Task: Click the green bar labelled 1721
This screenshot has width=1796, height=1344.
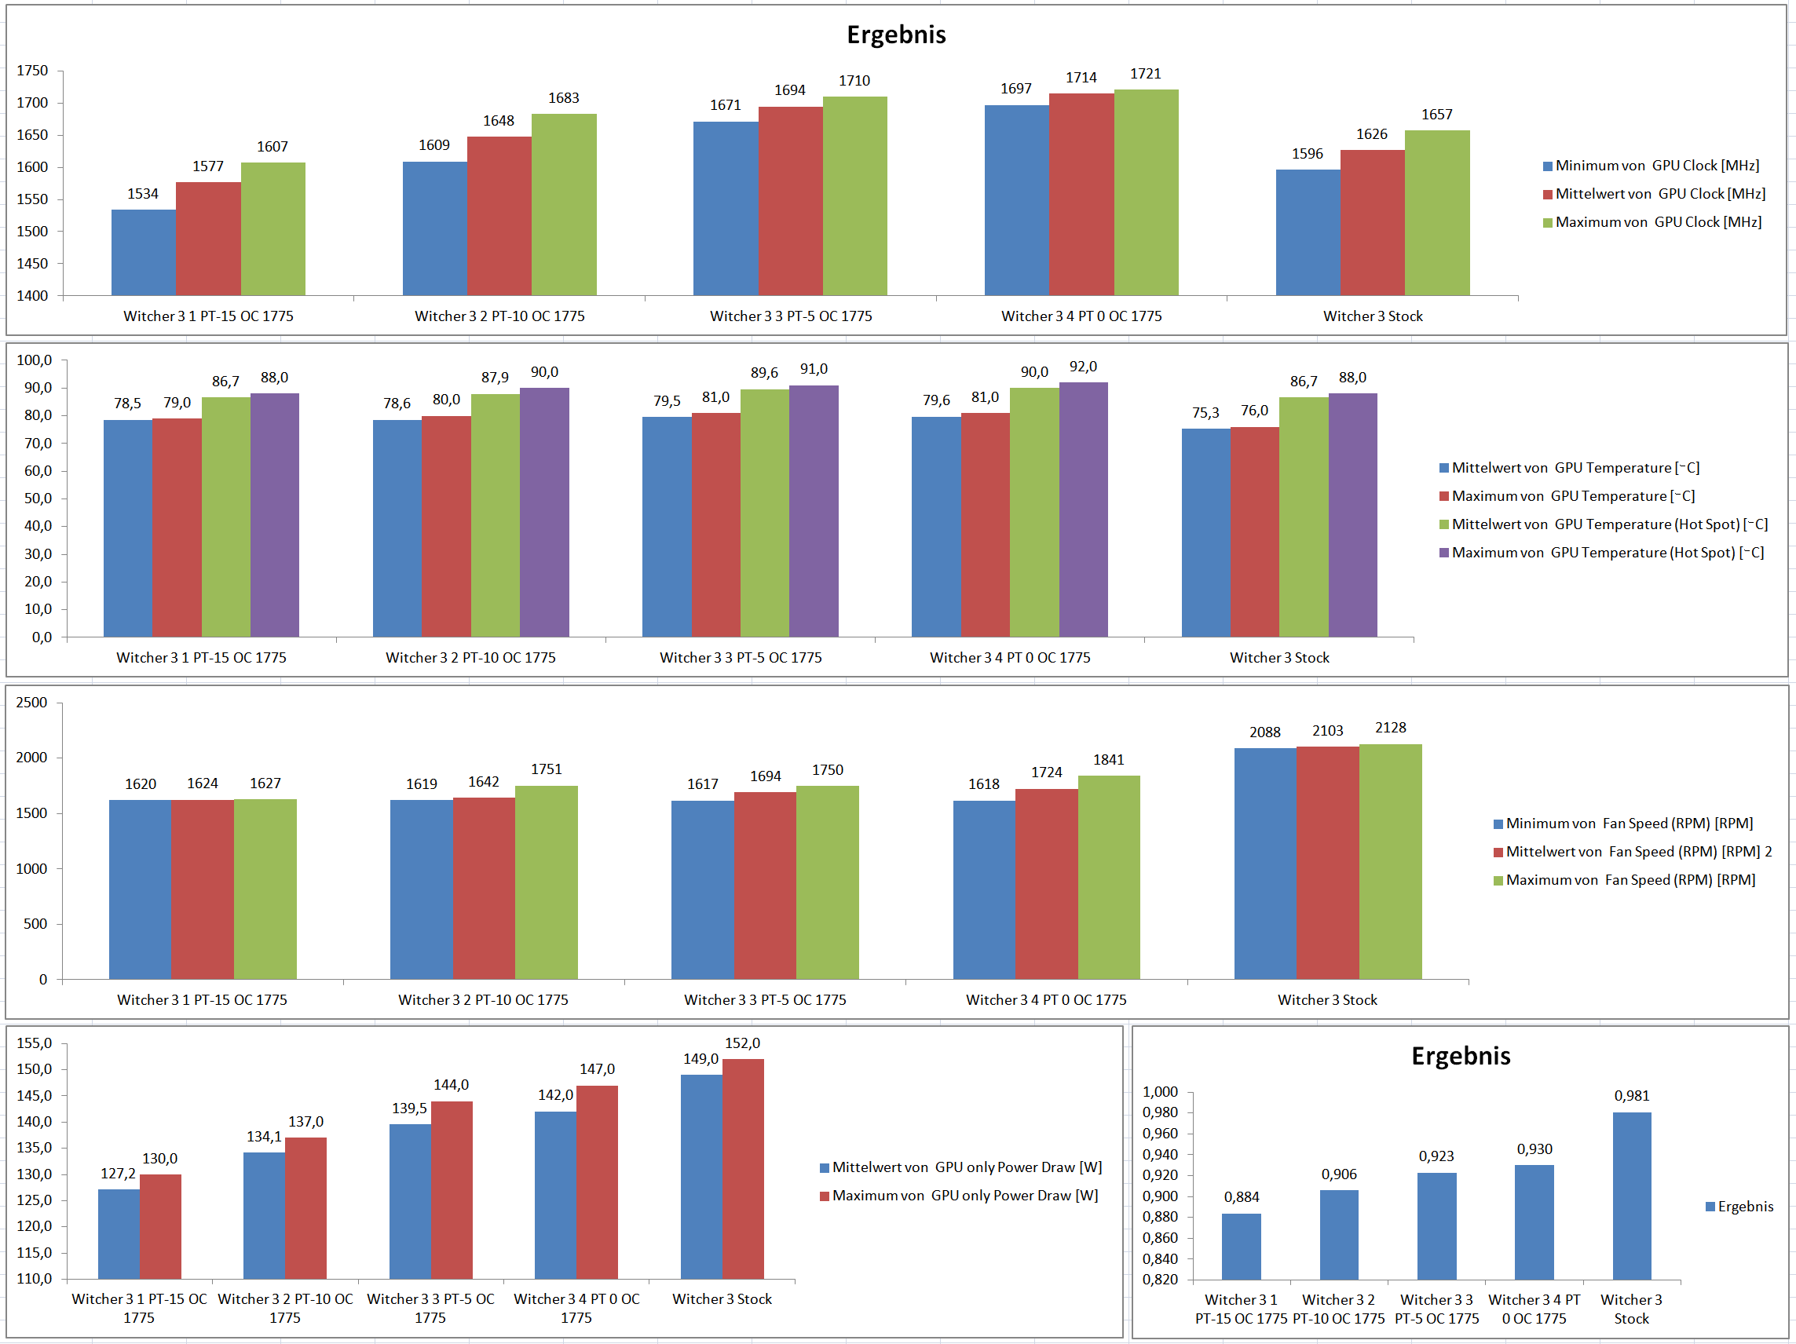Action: tap(1146, 192)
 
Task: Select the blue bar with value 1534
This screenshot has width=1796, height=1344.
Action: tap(143, 253)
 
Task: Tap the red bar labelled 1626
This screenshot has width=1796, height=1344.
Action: tap(1372, 222)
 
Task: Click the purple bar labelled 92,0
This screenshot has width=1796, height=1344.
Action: tap(1083, 509)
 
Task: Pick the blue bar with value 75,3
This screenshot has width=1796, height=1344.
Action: tap(1205, 532)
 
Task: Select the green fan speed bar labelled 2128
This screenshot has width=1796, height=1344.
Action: tap(1390, 861)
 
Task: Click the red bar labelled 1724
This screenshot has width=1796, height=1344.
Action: tap(1046, 884)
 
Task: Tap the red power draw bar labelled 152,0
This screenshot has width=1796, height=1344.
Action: tap(743, 1169)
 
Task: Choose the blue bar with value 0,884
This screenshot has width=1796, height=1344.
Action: tap(1241, 1246)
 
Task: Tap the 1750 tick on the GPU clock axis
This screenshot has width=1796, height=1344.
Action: tap(32, 71)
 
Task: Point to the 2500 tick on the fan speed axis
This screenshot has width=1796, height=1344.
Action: tap(31, 702)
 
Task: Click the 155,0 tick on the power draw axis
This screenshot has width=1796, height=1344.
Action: tap(34, 1043)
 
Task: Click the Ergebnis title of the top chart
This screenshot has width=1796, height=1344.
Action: tap(896, 35)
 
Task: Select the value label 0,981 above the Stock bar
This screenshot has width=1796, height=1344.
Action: tap(1631, 1096)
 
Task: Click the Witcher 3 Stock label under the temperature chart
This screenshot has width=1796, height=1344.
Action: tap(1278, 657)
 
